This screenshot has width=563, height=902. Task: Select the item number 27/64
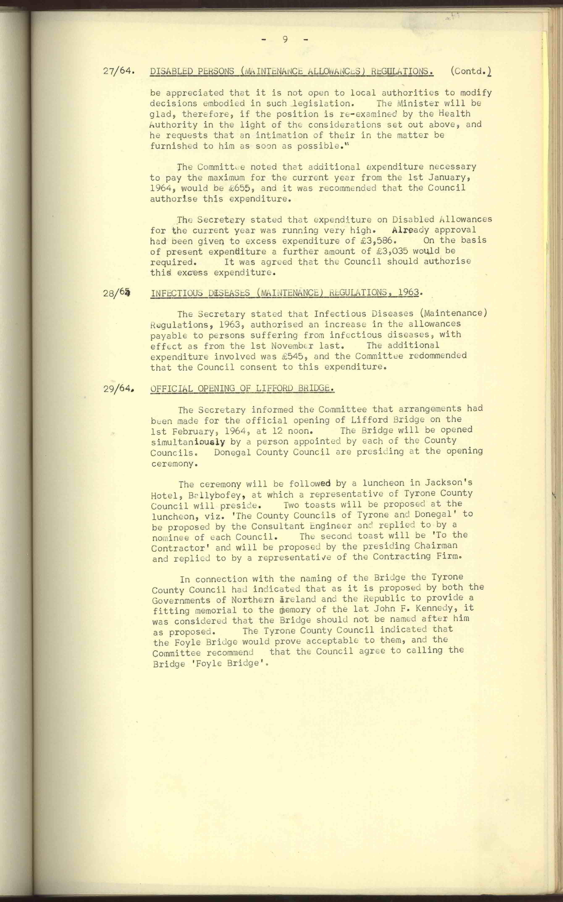pyautogui.click(x=118, y=71)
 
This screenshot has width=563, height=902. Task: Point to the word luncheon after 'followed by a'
pyautogui.click(x=383, y=483)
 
